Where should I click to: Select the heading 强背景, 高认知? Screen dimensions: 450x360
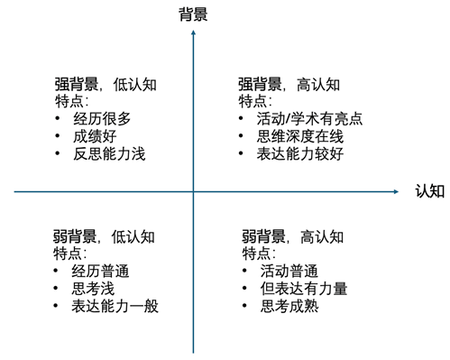(289, 85)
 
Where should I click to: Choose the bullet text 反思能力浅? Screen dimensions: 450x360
(108, 153)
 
